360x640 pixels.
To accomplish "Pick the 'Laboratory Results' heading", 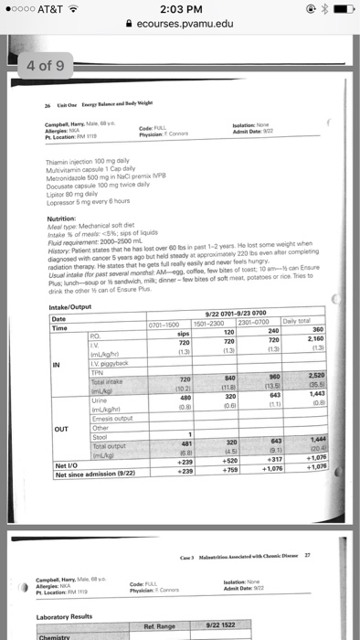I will [77, 606].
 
